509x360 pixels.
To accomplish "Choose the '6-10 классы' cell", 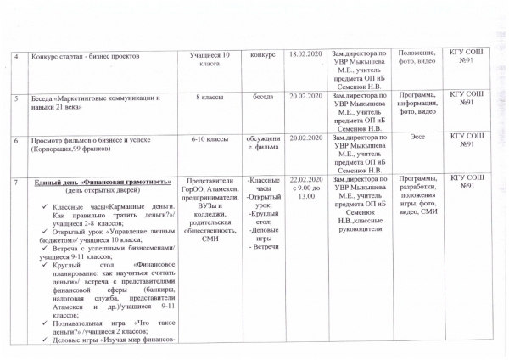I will point(209,138).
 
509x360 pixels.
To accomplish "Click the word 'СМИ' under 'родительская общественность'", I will point(209,239).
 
